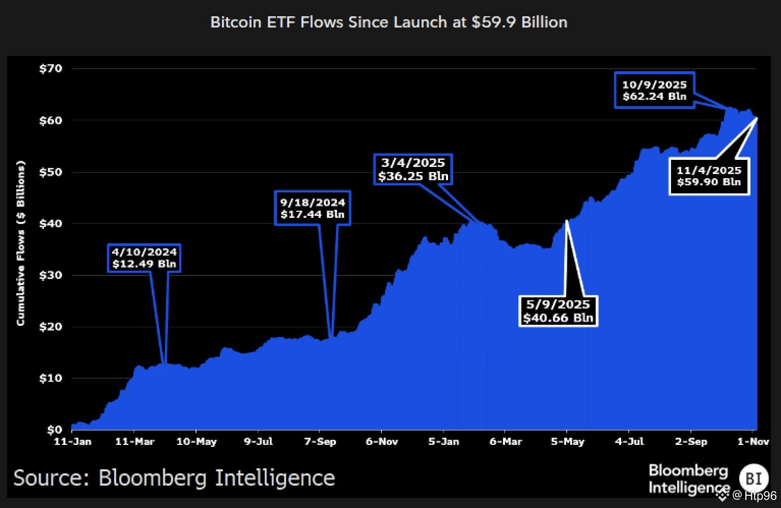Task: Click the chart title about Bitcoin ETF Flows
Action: pos(388,22)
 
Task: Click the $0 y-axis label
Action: pos(53,430)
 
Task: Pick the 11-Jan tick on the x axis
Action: pos(73,441)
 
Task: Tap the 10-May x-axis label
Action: pos(196,441)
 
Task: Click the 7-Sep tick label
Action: pos(320,441)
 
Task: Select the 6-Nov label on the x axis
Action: pos(382,441)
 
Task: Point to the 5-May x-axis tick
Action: pos(567,441)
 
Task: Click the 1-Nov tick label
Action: pos(752,441)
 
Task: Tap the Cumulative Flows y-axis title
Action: pos(21,243)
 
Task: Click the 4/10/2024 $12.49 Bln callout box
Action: pos(144,258)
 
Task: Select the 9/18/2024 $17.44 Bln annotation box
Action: pos(312,208)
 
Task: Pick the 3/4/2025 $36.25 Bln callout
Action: pos(413,170)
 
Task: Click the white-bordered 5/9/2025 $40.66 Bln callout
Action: pos(558,311)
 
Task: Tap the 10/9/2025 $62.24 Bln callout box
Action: pos(654,91)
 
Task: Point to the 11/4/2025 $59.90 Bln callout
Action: pos(709,176)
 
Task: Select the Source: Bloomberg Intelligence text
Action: pos(174,478)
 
